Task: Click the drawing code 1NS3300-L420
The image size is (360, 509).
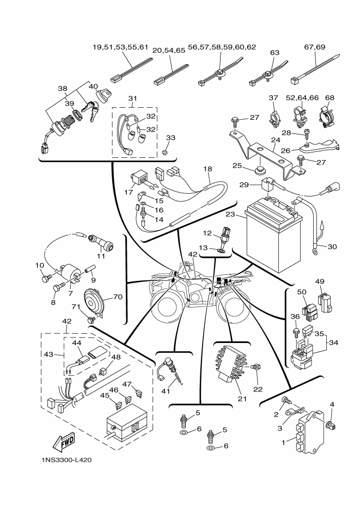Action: (66, 460)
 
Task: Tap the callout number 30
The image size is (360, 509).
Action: (332, 247)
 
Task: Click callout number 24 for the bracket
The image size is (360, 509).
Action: (276, 140)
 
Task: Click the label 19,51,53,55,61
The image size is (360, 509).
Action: (121, 47)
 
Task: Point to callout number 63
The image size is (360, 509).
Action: (274, 53)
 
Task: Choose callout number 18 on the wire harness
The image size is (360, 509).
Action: (208, 169)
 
